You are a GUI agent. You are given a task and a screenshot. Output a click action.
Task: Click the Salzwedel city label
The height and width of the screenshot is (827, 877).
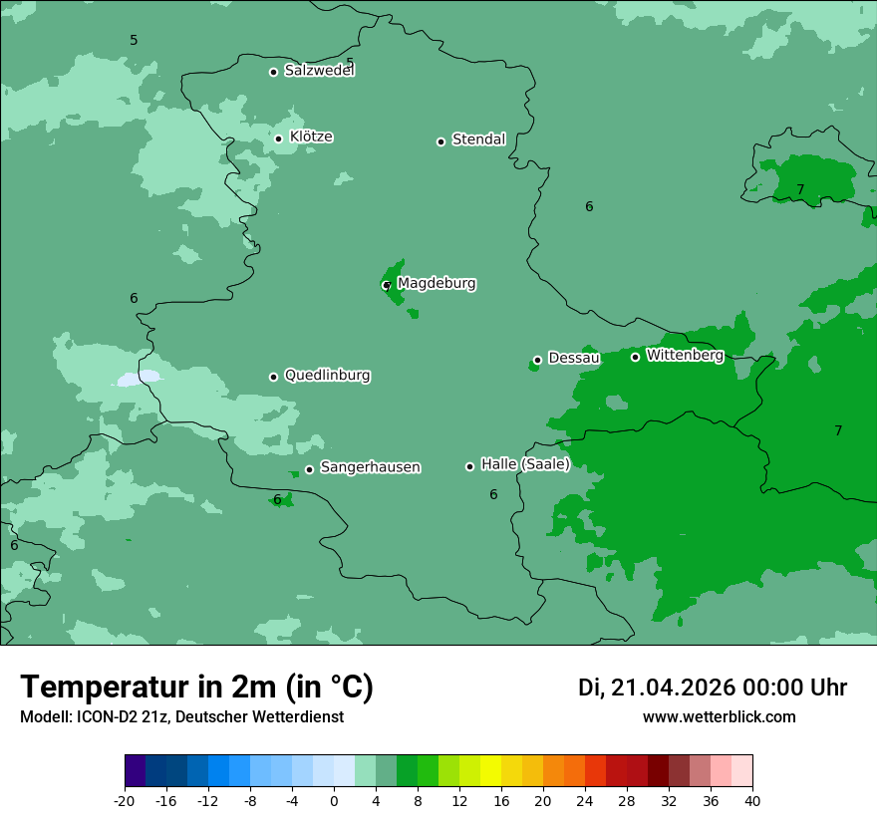[319, 71]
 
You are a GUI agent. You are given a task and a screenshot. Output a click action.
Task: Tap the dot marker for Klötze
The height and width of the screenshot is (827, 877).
[279, 138]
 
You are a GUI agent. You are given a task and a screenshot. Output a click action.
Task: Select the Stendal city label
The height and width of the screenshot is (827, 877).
[478, 139]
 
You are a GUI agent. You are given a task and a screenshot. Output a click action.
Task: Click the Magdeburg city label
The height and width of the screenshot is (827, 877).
[437, 284]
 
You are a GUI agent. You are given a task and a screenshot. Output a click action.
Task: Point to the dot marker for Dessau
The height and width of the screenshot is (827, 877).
[537, 360]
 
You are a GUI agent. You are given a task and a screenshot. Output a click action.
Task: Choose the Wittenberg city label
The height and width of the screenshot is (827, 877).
[685, 356]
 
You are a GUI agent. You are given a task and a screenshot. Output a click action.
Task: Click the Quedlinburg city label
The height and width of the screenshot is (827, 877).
[327, 376]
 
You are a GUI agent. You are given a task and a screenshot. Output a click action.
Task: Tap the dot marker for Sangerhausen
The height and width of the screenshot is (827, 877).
[309, 469]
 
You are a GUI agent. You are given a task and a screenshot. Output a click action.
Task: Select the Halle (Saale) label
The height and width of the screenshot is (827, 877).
[525, 464]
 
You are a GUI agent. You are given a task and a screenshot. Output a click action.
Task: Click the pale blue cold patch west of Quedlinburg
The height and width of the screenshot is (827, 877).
[139, 379]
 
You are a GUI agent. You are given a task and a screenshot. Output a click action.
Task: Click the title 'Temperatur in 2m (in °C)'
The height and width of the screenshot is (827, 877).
[197, 688]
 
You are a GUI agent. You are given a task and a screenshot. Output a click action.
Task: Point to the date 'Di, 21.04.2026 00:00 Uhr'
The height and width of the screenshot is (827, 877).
[713, 688]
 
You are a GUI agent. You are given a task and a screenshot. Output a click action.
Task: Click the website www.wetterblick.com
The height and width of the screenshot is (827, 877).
[719, 717]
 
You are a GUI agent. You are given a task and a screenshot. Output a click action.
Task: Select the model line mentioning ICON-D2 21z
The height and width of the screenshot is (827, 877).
[181, 717]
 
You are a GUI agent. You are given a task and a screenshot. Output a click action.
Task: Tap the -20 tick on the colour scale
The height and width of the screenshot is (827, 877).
[125, 800]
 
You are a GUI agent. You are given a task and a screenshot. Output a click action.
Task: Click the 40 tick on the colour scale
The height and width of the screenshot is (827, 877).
[751, 800]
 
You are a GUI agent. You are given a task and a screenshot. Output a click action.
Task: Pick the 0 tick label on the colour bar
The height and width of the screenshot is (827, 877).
[334, 800]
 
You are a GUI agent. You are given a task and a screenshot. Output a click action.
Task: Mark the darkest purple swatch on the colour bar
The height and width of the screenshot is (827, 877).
[136, 771]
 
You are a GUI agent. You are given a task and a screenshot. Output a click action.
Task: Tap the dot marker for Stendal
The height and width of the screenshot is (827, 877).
[440, 141]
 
